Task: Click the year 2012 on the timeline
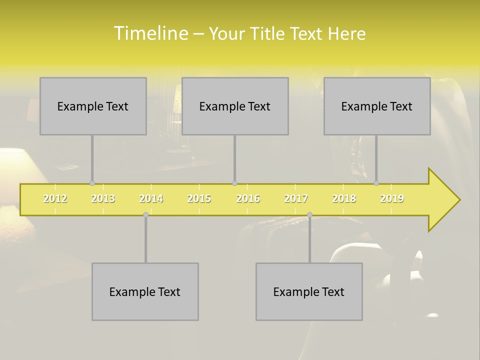click(55, 198)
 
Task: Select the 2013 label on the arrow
click(103, 198)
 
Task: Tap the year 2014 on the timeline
click(151, 198)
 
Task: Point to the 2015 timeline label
click(199, 198)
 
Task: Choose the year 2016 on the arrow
click(248, 198)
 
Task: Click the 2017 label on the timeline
click(296, 198)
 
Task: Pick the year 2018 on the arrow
click(344, 198)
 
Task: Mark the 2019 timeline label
click(392, 198)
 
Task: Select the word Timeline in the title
click(150, 33)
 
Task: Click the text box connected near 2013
click(93, 106)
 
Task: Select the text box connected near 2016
click(235, 106)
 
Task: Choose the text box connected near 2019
click(377, 106)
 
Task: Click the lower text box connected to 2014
click(145, 291)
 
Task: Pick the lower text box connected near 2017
click(309, 291)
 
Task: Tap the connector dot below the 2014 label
click(145, 215)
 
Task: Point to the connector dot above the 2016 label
click(234, 183)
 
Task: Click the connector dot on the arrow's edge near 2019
click(376, 183)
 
